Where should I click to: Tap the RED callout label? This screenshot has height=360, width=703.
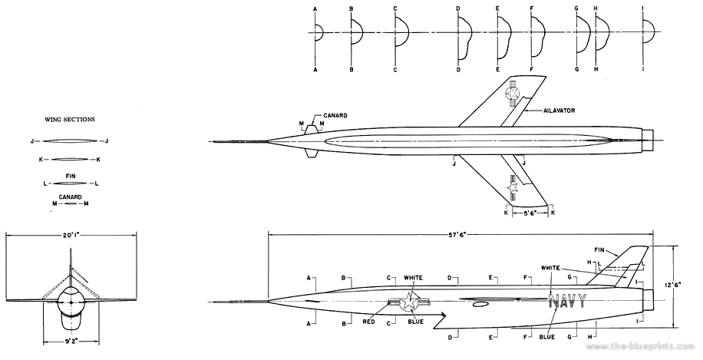click(368, 323)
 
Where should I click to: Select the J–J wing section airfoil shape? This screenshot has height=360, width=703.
click(68, 140)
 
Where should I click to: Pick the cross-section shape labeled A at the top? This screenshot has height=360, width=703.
click(318, 35)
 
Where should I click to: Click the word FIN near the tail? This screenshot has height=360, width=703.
click(600, 249)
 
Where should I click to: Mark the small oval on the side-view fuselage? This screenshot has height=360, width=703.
click(480, 306)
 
